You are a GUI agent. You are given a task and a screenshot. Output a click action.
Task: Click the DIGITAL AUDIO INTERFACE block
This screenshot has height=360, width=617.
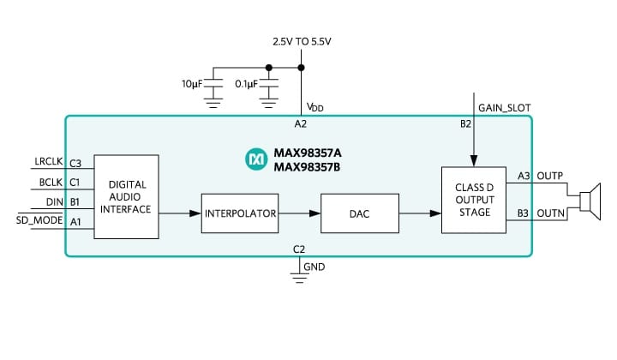coord(126,197)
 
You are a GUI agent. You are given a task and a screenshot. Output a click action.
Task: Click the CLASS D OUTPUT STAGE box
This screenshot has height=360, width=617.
coord(474,200)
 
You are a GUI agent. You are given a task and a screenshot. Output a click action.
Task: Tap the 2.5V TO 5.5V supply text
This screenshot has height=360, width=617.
coord(302,41)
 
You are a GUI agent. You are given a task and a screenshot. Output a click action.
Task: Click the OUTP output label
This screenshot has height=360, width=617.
coord(548,176)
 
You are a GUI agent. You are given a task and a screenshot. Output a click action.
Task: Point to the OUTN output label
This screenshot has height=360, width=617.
coord(548,213)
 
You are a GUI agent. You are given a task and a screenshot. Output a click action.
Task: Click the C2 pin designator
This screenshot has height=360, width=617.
coord(299,249)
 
